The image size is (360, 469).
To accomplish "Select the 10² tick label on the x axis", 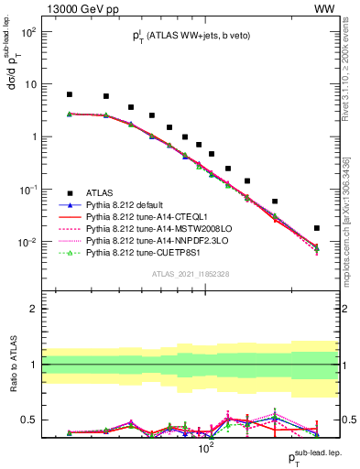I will pos(206,451).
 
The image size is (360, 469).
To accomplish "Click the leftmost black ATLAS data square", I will pos(70,94).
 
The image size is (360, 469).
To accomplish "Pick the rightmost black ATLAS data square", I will pos(317,228).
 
